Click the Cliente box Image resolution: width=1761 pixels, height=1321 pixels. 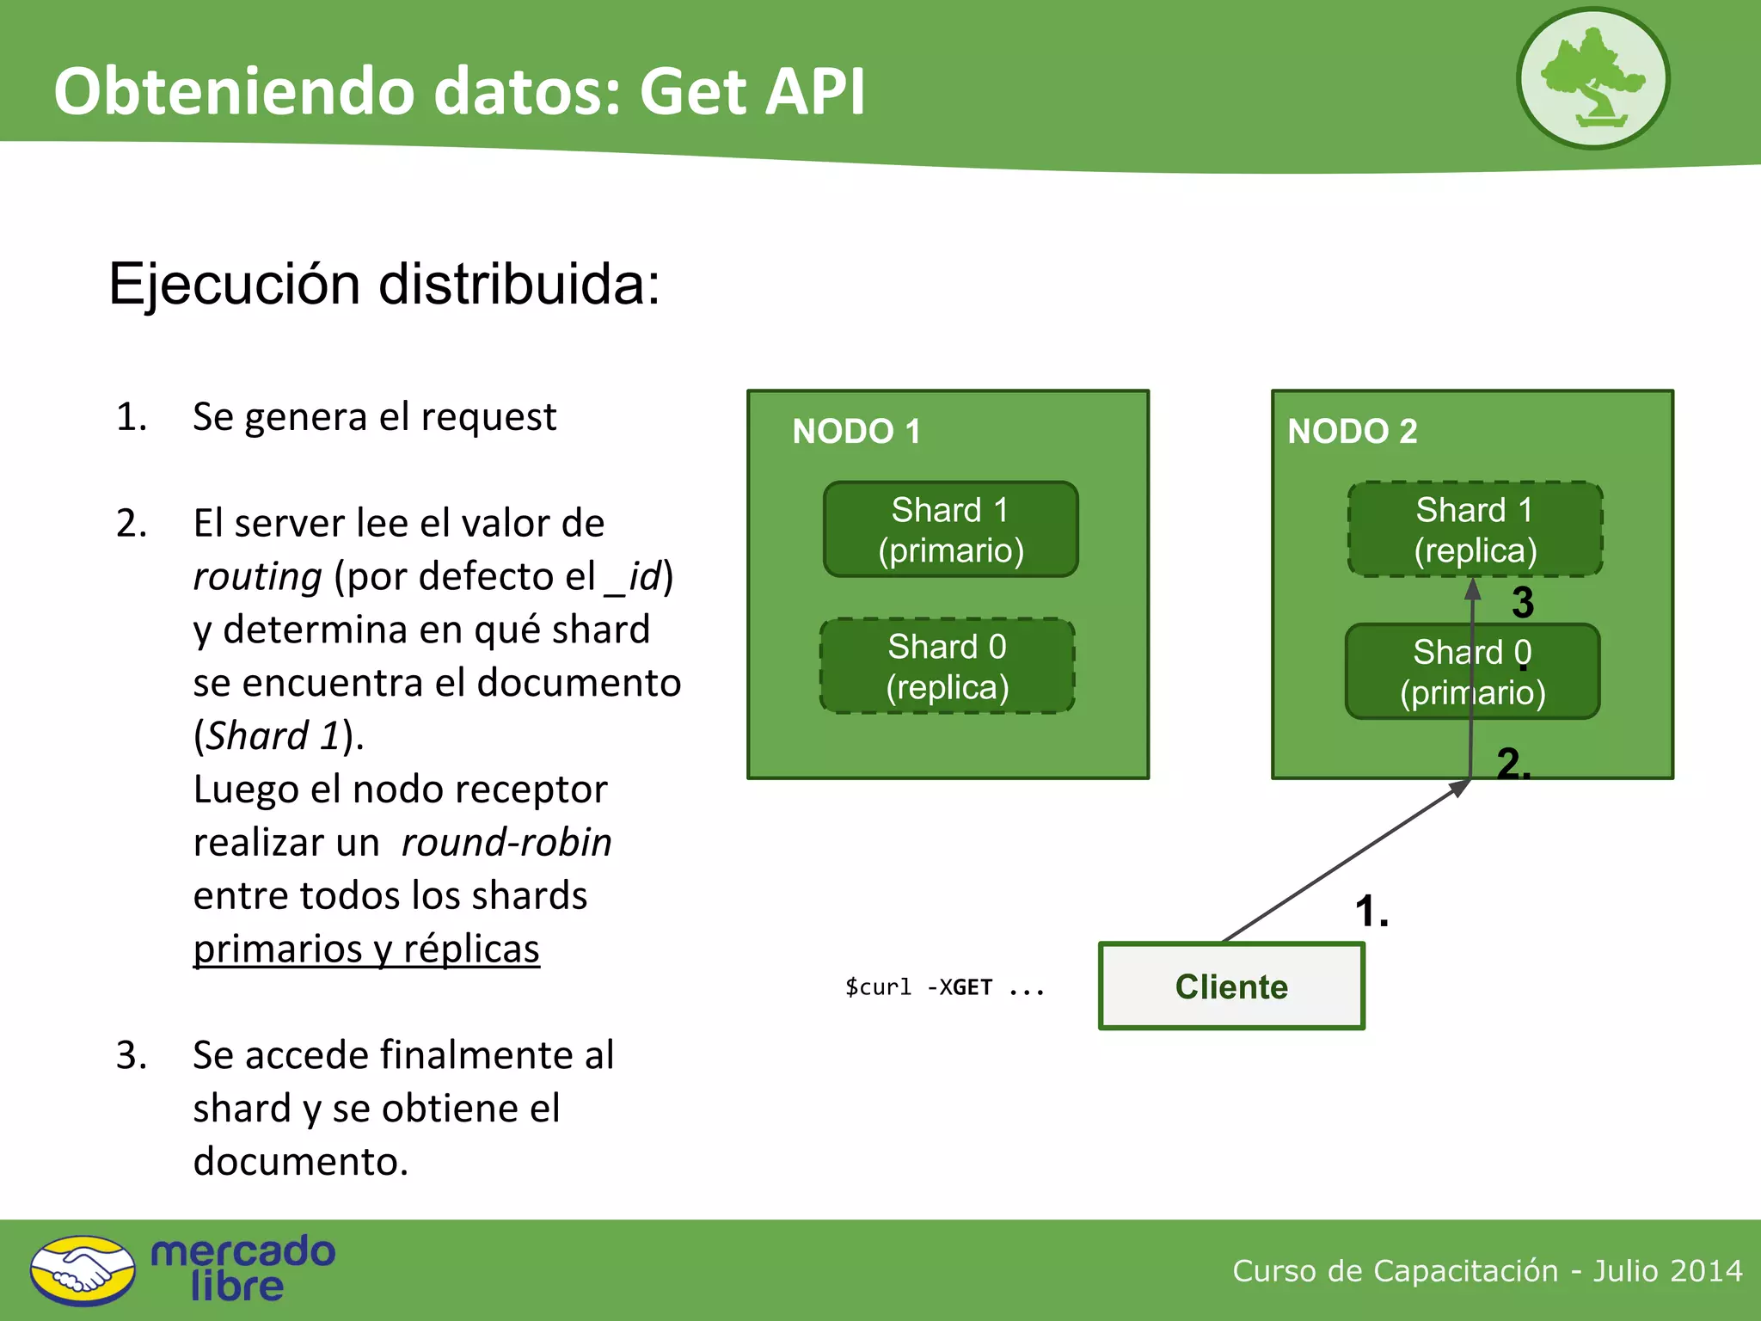(x=1231, y=986)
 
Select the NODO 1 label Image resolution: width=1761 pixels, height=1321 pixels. (x=856, y=431)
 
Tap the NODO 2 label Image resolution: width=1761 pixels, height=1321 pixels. (x=1352, y=431)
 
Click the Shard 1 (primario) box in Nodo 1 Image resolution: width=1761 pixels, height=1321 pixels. (x=950, y=529)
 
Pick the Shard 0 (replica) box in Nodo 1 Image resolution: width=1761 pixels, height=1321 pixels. (x=947, y=667)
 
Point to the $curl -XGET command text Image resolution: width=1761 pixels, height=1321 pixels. (x=944, y=987)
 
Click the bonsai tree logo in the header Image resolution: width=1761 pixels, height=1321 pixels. (x=1592, y=79)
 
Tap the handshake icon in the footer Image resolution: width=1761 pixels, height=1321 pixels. (x=83, y=1270)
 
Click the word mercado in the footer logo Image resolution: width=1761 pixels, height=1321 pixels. (x=242, y=1251)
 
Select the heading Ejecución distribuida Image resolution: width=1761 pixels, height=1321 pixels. (x=383, y=284)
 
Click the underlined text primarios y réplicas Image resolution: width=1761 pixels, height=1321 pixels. (x=366, y=949)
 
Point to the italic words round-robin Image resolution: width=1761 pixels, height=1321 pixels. (x=506, y=842)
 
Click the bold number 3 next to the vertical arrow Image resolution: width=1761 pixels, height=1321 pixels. (x=1523, y=603)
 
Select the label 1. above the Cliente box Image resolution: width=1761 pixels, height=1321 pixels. (x=1371, y=911)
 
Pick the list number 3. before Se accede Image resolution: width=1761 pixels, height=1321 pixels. (x=132, y=1055)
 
